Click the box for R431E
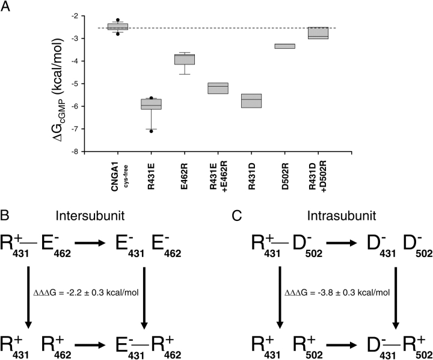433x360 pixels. point(151,104)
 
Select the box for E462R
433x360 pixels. point(185,59)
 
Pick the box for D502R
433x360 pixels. point(285,46)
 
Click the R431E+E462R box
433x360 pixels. point(218,88)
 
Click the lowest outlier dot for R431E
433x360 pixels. point(151,131)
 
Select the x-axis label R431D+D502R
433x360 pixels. point(319,175)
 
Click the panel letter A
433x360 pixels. point(5,7)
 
